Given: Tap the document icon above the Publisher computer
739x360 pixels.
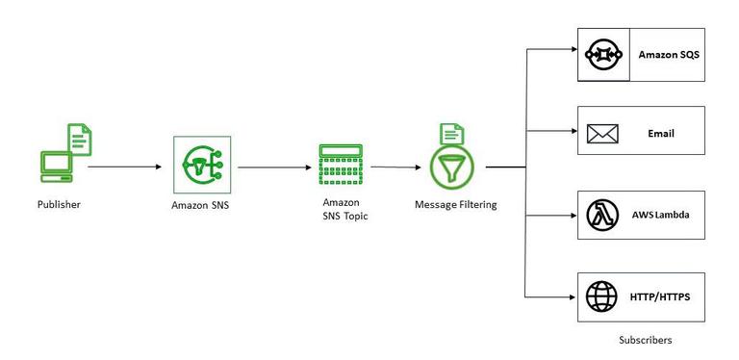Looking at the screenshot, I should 81,141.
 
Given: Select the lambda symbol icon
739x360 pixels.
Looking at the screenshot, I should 602,215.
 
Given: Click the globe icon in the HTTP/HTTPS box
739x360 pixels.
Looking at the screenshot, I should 602,295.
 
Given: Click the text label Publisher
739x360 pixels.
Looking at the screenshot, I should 58,205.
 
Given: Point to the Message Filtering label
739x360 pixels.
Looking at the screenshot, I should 455,205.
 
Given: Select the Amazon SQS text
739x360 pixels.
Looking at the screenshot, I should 669,55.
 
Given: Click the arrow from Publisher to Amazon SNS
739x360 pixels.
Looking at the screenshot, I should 125,167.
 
